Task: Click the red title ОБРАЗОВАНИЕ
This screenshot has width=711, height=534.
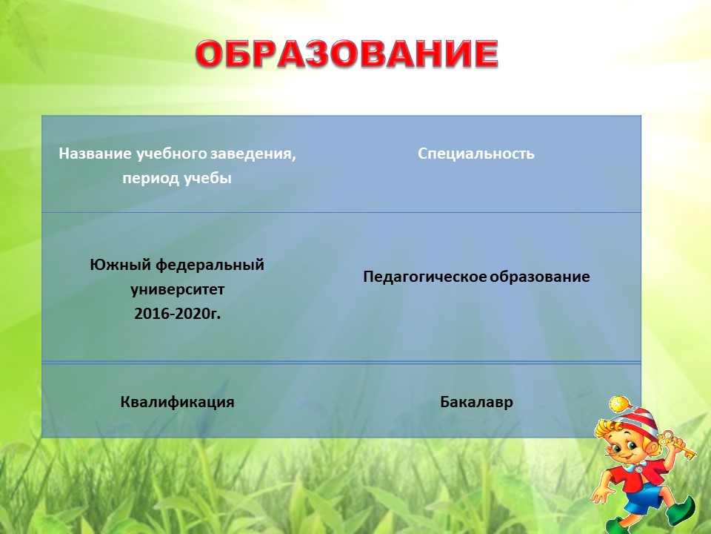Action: [x=347, y=54]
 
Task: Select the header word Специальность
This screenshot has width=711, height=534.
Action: [x=476, y=154]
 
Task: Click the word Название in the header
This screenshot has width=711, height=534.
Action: [x=95, y=154]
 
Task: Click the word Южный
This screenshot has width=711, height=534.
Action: [x=120, y=264]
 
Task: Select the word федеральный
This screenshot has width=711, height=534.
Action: [x=210, y=266]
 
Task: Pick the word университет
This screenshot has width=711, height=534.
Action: [x=177, y=290]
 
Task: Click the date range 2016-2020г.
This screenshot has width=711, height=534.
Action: [x=177, y=314]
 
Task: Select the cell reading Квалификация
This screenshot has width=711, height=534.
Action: [x=177, y=402]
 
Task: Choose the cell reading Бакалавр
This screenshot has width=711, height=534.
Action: [x=476, y=402]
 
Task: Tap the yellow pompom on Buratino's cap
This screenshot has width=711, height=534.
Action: [x=618, y=404]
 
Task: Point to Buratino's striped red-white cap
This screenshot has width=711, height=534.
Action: [x=634, y=420]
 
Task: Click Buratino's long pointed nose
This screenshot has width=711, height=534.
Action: [x=613, y=452]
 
